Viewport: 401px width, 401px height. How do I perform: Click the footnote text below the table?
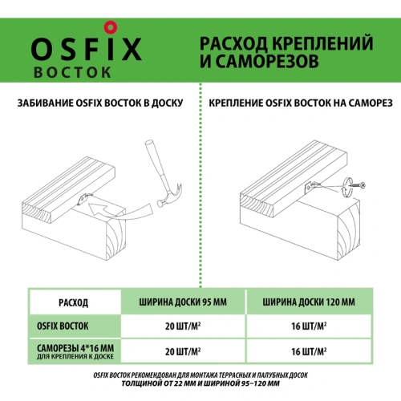(x=200, y=380)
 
